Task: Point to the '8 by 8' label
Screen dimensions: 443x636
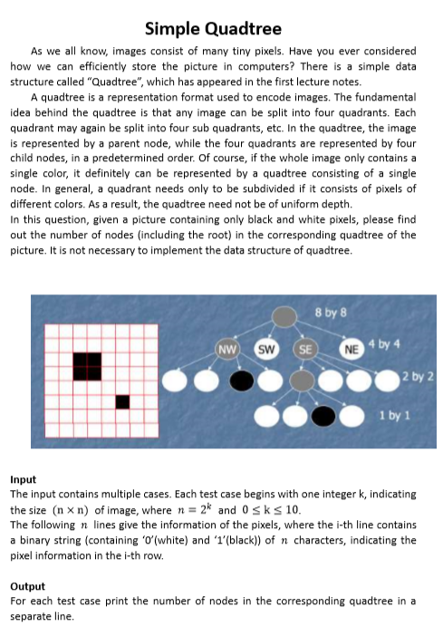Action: (337, 315)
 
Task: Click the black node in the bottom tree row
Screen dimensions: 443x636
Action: (323, 416)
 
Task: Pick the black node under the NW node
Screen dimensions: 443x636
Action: (241, 381)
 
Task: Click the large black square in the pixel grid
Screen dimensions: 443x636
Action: (87, 367)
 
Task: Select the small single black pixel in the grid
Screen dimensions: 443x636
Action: (122, 401)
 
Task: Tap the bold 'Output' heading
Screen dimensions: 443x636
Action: (27, 586)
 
